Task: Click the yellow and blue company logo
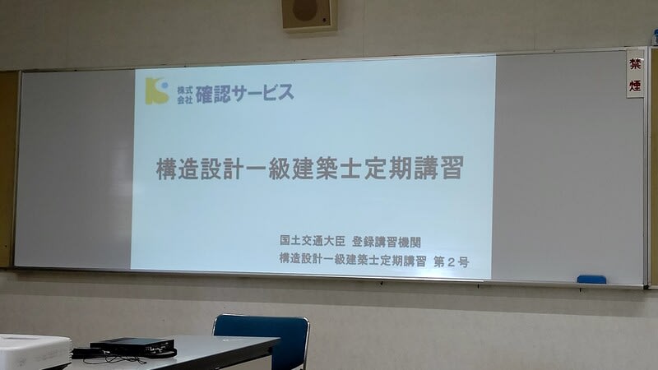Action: click(x=157, y=90)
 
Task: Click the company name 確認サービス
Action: click(x=244, y=93)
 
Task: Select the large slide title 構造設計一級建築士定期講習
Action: click(x=310, y=169)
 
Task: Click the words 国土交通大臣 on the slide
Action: click(x=313, y=240)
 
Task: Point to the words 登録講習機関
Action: click(x=387, y=242)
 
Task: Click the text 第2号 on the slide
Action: click(x=451, y=262)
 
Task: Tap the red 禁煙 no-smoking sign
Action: click(x=635, y=74)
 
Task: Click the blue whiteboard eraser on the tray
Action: click(x=591, y=280)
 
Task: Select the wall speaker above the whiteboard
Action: click(x=309, y=15)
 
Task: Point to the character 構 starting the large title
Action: click(x=167, y=169)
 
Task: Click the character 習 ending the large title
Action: click(x=452, y=168)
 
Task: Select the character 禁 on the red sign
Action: click(x=635, y=64)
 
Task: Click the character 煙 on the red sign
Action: click(x=635, y=86)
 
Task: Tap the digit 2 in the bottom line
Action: click(x=451, y=262)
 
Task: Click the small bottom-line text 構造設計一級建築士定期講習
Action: click(x=353, y=260)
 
